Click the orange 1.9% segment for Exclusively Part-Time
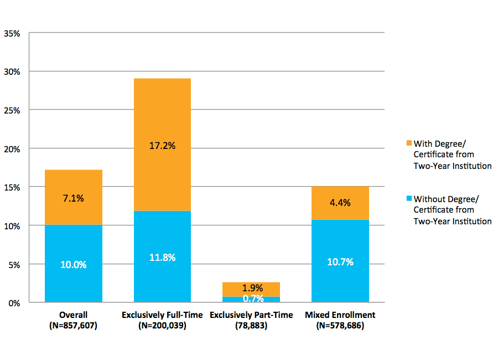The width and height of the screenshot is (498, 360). (251, 289)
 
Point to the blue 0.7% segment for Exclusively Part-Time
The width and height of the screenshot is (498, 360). (251, 300)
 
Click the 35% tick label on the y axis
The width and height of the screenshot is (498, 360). (12, 33)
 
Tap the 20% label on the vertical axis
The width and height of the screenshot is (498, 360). (12, 149)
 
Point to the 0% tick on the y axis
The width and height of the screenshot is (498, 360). (14, 303)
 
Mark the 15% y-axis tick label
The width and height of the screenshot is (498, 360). (12, 187)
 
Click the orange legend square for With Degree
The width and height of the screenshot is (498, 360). (409, 143)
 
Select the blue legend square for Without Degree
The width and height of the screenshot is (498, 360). (409, 198)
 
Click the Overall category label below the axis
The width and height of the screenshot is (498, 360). (73, 315)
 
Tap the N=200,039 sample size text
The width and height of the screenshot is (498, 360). (162, 326)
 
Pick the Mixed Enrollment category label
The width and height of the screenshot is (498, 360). (340, 315)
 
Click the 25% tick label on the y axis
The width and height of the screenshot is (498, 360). (12, 110)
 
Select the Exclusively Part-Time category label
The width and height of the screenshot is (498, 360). (251, 315)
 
